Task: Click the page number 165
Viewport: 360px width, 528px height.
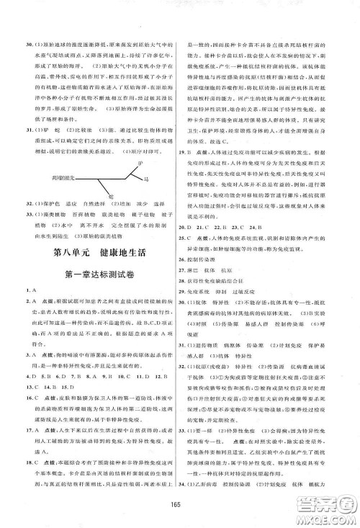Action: [x=180, y=513]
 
